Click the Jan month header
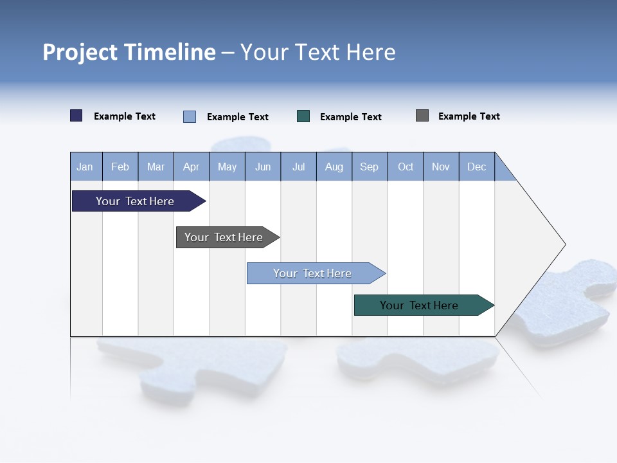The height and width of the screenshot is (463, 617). [x=85, y=167]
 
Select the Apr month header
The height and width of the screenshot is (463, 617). [x=192, y=167]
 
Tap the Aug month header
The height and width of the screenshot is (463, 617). [x=334, y=167]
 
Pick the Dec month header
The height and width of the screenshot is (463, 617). [x=477, y=167]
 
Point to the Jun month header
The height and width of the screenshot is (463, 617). [x=263, y=167]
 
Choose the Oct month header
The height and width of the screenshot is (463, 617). [x=406, y=167]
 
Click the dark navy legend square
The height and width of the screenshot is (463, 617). [x=76, y=116]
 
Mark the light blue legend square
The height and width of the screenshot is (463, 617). [x=190, y=116]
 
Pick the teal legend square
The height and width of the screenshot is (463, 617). [x=303, y=116]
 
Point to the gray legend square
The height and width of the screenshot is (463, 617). [x=422, y=116]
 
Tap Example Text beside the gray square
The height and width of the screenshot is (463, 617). [x=469, y=116]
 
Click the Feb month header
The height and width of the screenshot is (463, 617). [x=120, y=167]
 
